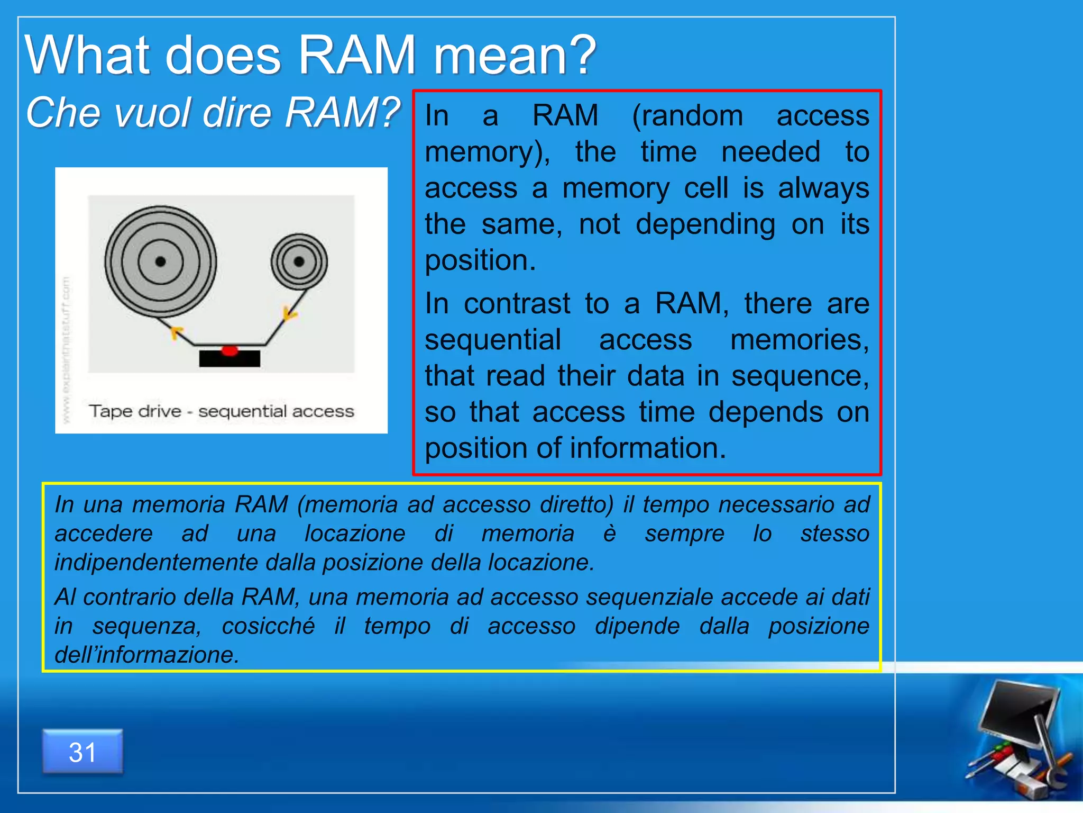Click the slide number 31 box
[x=82, y=752]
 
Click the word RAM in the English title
[x=357, y=55]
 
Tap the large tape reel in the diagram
[x=160, y=261]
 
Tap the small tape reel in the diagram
[x=299, y=261]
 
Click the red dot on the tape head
[x=230, y=350]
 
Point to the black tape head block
[x=230, y=359]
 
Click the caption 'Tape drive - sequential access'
[x=221, y=411]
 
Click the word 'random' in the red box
[x=687, y=115]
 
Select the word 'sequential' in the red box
[x=493, y=340]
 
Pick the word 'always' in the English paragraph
[x=823, y=188]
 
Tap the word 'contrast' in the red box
[x=517, y=304]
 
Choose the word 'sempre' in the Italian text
[x=684, y=534]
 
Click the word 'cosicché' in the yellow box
[x=268, y=626]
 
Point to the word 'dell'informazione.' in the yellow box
[x=147, y=655]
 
